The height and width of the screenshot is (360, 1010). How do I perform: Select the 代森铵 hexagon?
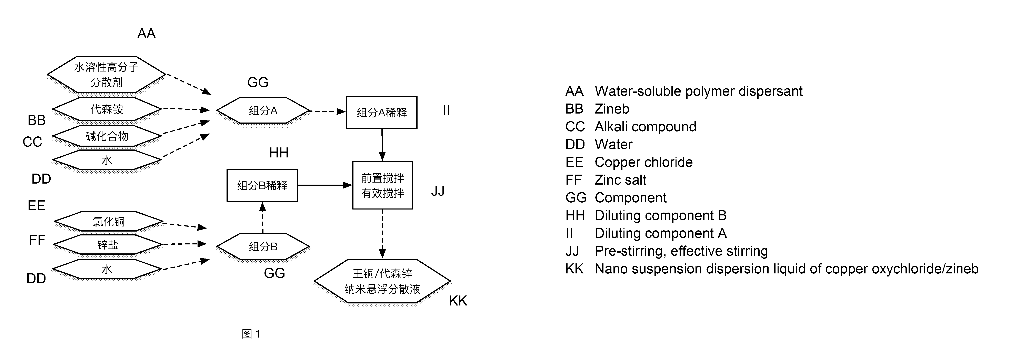[x=107, y=109]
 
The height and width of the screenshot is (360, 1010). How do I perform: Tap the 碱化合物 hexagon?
[x=107, y=136]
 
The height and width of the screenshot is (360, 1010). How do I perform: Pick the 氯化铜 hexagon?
[x=108, y=222]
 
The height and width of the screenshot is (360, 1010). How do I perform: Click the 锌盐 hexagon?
[x=107, y=245]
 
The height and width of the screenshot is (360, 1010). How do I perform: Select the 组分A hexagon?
[x=263, y=111]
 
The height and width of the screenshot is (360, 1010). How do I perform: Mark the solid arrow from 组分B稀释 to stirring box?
[x=325, y=185]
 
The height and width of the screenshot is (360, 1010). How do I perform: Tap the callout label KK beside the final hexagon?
[x=458, y=301]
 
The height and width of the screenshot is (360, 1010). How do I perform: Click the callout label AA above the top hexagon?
[x=146, y=34]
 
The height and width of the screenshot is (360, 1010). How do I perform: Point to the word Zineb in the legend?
[x=612, y=109]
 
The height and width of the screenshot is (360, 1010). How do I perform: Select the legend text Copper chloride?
[x=643, y=162]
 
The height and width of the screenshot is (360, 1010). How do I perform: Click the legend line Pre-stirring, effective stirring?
[x=681, y=251]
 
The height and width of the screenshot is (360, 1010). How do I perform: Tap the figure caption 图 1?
[x=251, y=334]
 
